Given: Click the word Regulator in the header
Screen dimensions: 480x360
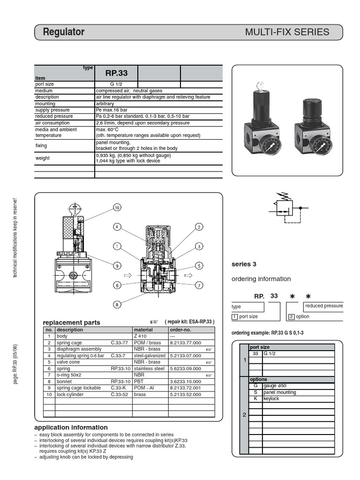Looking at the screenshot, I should [x=64, y=32].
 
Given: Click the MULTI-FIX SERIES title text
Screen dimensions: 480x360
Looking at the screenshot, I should [x=287, y=32].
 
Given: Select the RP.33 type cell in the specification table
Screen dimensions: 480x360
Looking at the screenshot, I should [x=116, y=73].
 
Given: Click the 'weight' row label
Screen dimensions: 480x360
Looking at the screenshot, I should [x=43, y=158].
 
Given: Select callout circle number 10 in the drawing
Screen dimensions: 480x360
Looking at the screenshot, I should [x=117, y=208].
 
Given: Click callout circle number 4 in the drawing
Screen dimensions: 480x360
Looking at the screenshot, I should [x=117, y=227].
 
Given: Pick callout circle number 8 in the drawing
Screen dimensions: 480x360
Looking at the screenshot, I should [x=117, y=304].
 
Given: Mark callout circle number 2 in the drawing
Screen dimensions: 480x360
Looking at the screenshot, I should [x=199, y=227].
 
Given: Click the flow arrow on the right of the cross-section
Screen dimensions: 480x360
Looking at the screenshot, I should [x=189, y=275].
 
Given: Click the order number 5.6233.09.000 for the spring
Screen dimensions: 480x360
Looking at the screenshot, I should [x=185, y=368].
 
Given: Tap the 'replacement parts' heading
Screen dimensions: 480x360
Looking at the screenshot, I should [x=71, y=322].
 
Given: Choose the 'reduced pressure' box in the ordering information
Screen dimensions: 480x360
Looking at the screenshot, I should [x=324, y=306].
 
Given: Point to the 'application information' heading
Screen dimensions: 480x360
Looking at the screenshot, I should [x=71, y=427].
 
